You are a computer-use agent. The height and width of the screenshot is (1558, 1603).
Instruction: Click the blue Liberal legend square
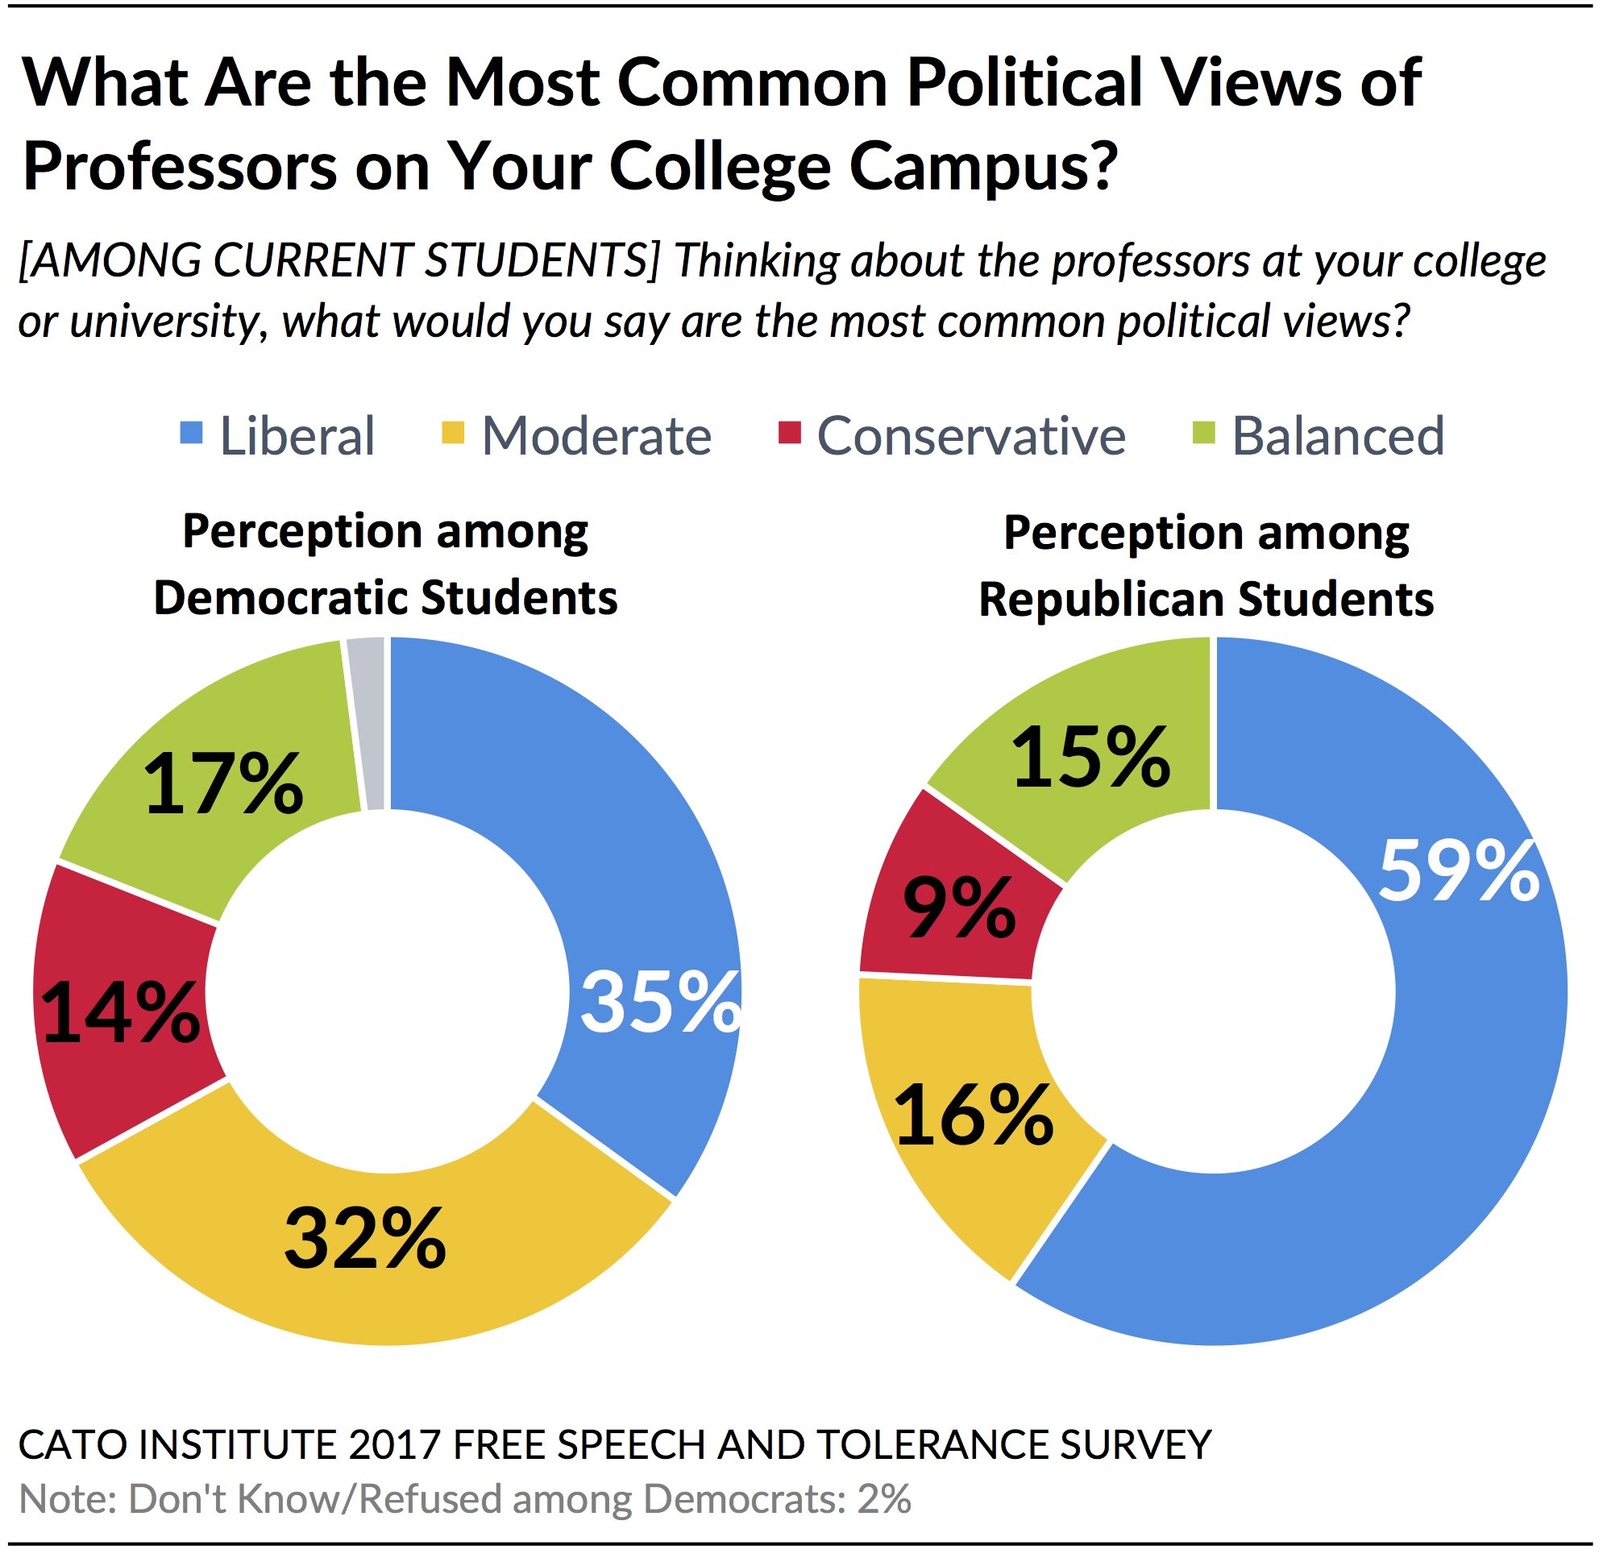pos(191,432)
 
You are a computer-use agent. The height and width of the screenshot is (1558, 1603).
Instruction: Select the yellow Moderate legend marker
pos(453,432)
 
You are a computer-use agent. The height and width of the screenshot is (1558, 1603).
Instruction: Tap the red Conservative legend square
pos(790,432)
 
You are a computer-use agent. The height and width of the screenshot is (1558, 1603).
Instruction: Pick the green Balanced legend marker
pos(1204,432)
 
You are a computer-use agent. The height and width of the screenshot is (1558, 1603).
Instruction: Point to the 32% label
pos(365,1240)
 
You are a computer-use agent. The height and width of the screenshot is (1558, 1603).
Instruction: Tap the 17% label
pos(222,786)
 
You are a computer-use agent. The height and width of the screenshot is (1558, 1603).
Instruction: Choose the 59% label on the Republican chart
pos(1458,873)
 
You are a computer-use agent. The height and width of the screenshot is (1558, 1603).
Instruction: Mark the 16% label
pos(973,1115)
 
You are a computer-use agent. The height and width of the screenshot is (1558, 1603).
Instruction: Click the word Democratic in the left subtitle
pos(282,598)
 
